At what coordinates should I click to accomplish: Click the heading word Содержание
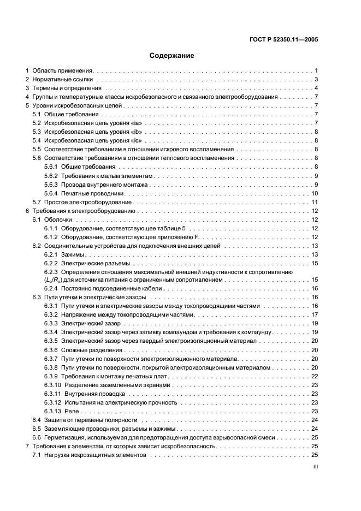click(171, 56)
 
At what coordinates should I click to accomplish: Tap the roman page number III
click(315, 467)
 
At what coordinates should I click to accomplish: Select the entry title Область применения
click(63, 71)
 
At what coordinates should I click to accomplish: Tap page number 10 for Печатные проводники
click(315, 193)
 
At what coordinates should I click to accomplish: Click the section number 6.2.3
click(51, 272)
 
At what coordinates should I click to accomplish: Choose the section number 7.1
click(37, 455)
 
